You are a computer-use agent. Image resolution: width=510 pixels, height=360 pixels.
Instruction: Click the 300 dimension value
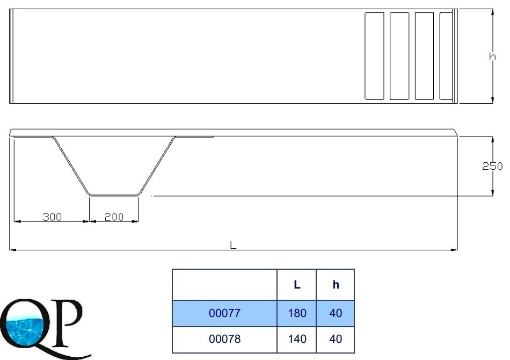52,217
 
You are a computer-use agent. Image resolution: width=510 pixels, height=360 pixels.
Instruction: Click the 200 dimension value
114,217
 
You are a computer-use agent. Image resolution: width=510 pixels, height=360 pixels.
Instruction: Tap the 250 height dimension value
492,166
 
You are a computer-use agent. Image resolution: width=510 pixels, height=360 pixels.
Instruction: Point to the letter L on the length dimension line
233,245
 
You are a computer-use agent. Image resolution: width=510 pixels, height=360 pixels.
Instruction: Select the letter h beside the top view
492,56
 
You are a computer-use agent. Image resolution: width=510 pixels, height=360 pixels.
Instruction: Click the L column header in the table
297,284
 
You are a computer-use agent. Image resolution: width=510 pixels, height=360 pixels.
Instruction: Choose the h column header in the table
336,284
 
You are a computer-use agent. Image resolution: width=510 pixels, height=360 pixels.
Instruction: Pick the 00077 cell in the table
224,313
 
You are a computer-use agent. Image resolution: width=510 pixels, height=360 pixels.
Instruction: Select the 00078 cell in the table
224,339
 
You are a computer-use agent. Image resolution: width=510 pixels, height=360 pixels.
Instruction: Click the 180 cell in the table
297,313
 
